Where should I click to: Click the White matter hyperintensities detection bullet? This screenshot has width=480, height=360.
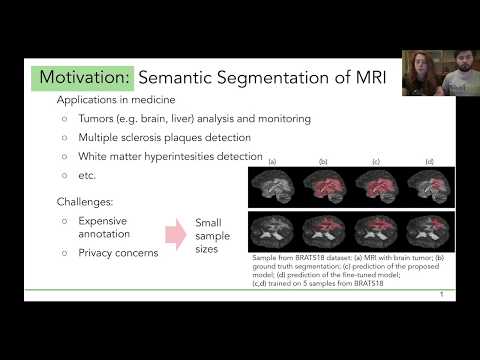pos(170,156)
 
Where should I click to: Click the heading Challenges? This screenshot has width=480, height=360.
pos(90,203)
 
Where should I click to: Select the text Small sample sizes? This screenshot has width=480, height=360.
pos(212,236)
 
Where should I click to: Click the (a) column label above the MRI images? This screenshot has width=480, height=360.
pos(271,161)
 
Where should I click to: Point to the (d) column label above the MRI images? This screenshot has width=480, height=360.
pos(428,161)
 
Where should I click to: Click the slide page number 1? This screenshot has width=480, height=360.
pos(441,295)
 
